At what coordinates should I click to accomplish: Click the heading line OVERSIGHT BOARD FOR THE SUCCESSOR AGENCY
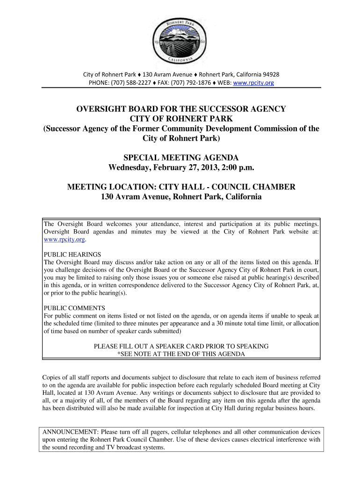tap(181, 109)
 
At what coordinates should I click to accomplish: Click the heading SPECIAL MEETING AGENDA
tap(181, 157)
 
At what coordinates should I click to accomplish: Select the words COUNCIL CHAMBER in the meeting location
tap(252, 187)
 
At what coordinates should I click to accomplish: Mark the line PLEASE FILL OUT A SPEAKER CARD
tap(181, 346)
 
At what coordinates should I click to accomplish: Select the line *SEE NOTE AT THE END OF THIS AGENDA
tap(181, 354)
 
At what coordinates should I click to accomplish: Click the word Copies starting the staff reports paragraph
tap(52, 377)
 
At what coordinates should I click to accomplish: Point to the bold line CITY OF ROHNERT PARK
tap(181, 119)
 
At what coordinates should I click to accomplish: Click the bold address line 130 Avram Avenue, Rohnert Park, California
tap(181, 197)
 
